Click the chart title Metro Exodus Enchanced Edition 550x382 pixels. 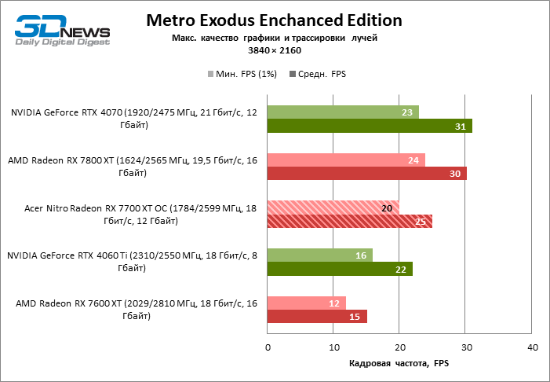coord(275,20)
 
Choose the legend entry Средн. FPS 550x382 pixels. coord(318,75)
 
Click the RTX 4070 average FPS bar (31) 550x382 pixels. coord(370,126)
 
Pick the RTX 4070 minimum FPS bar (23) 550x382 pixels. coord(343,112)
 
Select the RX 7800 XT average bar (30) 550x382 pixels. coord(366,173)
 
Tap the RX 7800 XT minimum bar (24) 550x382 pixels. coord(346,160)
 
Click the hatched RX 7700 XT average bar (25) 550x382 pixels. coord(350,221)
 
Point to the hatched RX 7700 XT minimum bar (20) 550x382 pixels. coord(333,208)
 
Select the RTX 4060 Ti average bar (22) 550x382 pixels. coord(340,269)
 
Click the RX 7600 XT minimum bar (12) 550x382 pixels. coord(307,303)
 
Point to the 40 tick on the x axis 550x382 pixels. coord(533,347)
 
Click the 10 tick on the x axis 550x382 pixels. coord(334,347)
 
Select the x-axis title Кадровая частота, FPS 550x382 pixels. coord(399,363)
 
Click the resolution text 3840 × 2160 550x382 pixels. coord(275,50)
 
